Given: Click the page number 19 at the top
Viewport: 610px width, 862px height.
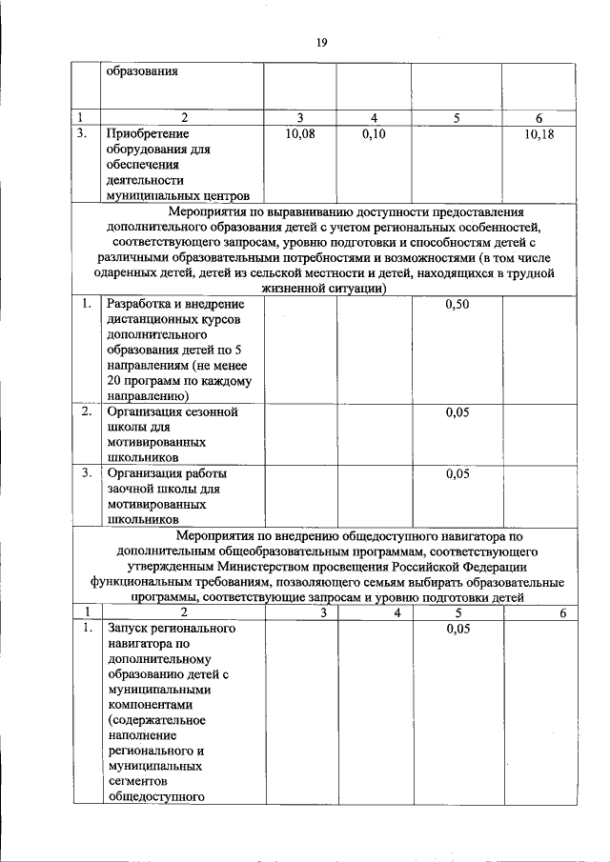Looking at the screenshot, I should (x=322, y=42).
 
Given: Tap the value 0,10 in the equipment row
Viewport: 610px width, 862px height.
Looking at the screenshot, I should (x=374, y=134).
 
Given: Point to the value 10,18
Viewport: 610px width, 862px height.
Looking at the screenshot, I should (x=539, y=134).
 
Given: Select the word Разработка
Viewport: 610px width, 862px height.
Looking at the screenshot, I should (x=141, y=305).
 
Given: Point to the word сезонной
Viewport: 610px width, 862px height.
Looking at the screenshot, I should (x=212, y=413).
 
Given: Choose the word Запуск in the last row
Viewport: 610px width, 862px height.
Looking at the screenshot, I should (x=130, y=629).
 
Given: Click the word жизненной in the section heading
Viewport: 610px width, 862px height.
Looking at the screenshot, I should (x=279, y=289).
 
